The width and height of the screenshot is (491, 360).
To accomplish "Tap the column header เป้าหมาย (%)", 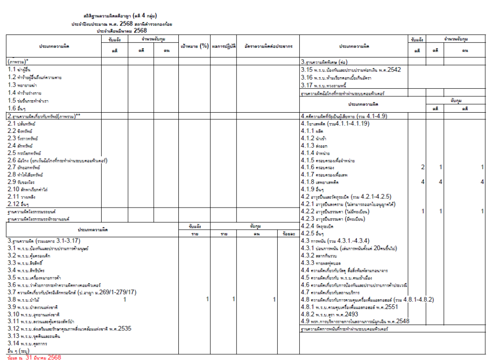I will pos(194,46).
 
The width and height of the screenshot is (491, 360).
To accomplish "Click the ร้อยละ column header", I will pos(288,233).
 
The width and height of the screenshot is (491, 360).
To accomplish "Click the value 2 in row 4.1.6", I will pos(422,167).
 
